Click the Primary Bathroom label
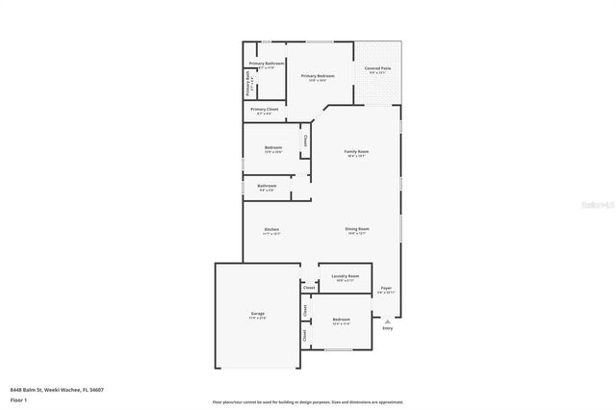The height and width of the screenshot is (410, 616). click(266, 63)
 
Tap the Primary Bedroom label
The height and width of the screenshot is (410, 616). click(318, 75)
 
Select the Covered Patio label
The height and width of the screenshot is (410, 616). click(376, 68)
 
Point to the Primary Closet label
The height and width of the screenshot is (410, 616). click(266, 110)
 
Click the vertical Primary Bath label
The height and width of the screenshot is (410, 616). click(247, 86)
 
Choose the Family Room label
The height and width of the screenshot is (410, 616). click(357, 152)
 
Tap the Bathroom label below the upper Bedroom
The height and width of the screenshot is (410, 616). click(267, 186)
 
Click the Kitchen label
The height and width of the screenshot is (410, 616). click(272, 229)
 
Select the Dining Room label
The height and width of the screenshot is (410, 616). click(357, 229)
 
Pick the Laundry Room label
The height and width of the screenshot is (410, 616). click(345, 276)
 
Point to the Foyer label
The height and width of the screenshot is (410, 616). click(385, 288)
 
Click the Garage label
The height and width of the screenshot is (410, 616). click(258, 314)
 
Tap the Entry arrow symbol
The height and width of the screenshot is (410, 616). click(388, 320)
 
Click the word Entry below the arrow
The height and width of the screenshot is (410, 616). click(388, 328)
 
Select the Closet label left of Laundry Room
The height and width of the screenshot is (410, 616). click(309, 288)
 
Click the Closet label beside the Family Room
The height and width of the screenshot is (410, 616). click(306, 141)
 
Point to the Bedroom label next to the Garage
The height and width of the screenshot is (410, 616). click(342, 319)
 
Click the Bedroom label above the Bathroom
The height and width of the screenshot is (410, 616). click(273, 147)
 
